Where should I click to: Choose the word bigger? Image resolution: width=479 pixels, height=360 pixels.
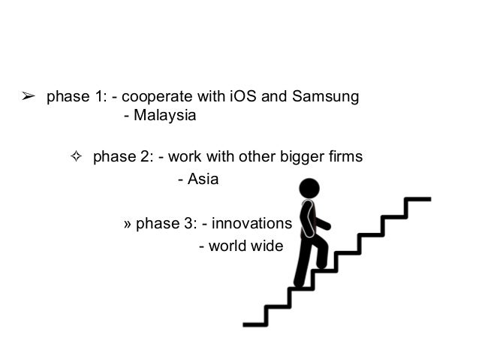309,157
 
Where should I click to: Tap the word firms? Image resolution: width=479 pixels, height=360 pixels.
346,157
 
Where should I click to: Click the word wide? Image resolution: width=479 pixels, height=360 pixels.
267,245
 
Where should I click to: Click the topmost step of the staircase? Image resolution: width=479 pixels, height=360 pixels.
417,200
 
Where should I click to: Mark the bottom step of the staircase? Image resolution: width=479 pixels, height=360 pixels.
255,324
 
